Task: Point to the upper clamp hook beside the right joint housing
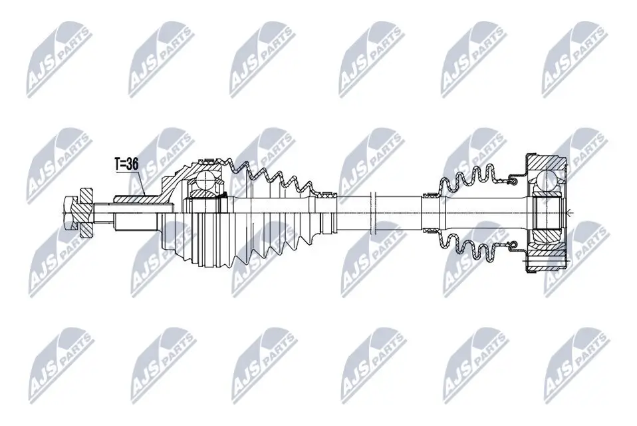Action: coord(513,180)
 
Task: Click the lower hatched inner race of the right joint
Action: coord(549,236)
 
